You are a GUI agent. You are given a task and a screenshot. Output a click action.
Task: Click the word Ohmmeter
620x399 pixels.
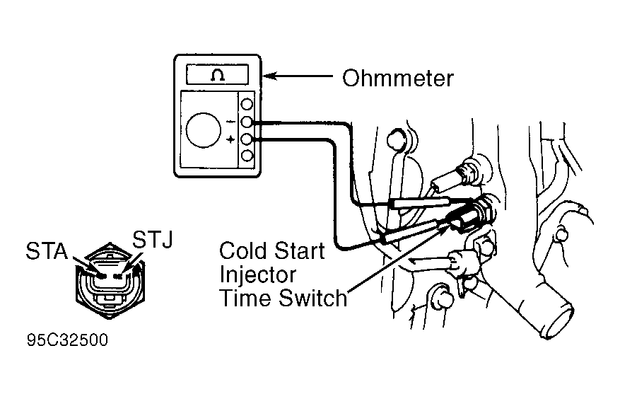(398, 78)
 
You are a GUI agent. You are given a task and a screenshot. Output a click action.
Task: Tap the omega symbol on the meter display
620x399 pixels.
(218, 74)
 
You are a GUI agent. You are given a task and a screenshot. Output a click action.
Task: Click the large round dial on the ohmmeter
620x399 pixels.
(203, 130)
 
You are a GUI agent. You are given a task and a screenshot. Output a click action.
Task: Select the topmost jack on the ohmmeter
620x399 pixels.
(247, 105)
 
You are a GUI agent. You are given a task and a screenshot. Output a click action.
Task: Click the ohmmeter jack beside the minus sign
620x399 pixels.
(247, 122)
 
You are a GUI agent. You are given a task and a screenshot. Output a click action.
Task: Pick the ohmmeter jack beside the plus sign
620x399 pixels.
(247, 139)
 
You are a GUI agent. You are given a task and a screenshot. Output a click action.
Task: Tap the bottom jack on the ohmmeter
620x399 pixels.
(247, 156)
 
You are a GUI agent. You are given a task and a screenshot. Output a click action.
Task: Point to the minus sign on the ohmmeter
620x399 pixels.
(230, 122)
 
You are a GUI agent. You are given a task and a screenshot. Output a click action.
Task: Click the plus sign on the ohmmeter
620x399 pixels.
(230, 139)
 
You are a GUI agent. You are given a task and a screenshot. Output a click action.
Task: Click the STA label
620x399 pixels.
(47, 251)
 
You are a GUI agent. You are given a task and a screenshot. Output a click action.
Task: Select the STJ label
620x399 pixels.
(153, 240)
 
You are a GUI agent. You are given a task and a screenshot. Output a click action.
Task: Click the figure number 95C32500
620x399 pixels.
(67, 340)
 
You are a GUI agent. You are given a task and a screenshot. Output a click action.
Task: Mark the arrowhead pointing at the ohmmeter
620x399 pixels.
(269, 76)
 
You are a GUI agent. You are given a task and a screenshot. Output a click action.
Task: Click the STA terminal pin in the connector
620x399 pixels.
(102, 276)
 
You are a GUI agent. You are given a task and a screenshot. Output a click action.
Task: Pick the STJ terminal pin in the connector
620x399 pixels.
(118, 276)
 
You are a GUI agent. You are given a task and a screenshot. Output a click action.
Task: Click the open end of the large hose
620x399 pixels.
(558, 320)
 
